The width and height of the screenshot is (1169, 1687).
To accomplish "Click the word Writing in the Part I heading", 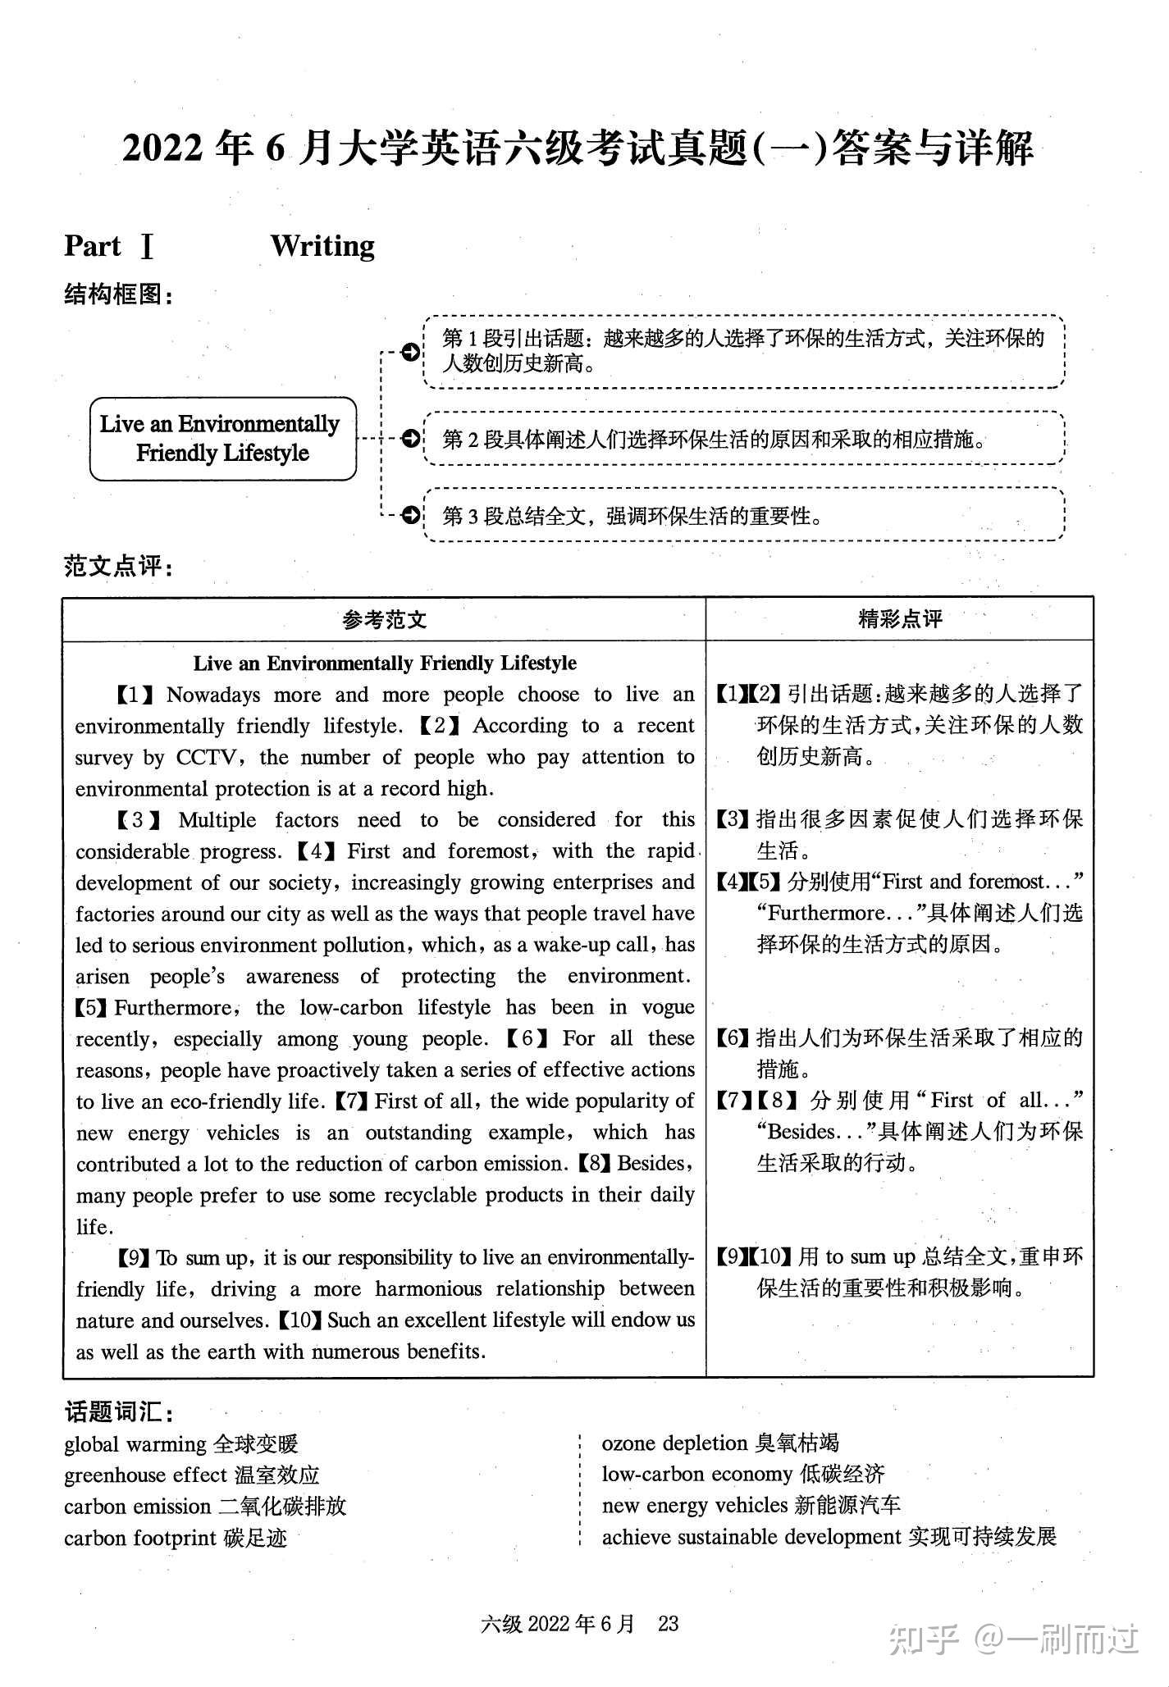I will point(322,246).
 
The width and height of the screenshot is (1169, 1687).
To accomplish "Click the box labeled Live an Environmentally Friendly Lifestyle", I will point(222,439).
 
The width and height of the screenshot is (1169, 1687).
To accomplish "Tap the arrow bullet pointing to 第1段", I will point(410,352).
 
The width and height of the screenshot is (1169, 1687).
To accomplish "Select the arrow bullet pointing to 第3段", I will point(410,516).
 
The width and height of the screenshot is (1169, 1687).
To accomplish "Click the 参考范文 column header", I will point(384,619).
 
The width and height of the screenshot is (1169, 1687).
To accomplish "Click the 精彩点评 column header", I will point(900,618).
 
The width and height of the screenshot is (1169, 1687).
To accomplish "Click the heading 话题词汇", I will point(118,1411).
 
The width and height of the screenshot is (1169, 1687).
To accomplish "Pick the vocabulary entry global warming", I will point(135,1444).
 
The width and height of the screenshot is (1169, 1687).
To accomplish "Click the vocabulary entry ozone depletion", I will point(674,1443).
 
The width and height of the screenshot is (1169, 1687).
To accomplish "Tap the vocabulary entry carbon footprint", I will point(140,1538).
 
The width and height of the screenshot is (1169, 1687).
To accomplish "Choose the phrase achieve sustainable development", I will point(751,1537).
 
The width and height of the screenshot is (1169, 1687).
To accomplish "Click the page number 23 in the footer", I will point(668,1624).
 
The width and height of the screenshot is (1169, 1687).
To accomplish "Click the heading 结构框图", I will point(118,294).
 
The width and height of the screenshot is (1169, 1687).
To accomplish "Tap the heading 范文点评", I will point(118,566).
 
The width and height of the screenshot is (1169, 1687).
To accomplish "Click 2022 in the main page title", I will point(162,149).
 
